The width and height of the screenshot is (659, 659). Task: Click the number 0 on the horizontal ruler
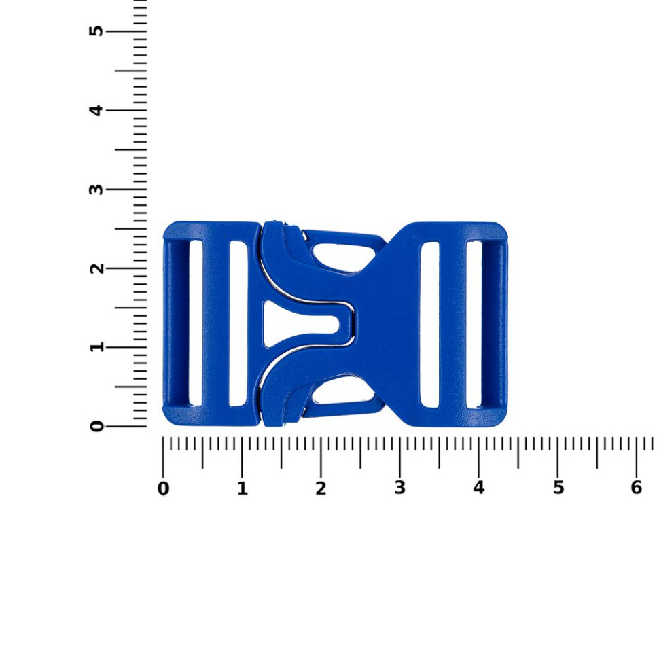(163, 488)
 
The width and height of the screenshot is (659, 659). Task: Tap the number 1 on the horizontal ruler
(242, 488)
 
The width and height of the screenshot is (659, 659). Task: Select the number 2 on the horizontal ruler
(321, 488)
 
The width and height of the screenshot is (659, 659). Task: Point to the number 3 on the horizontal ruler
(399, 488)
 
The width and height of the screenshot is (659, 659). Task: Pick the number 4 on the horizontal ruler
(479, 488)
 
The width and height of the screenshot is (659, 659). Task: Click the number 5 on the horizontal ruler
(558, 488)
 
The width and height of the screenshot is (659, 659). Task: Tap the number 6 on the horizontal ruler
(637, 488)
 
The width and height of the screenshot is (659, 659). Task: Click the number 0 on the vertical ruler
(96, 426)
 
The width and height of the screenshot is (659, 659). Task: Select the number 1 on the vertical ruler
(96, 347)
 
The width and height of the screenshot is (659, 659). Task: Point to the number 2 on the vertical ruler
(96, 268)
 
